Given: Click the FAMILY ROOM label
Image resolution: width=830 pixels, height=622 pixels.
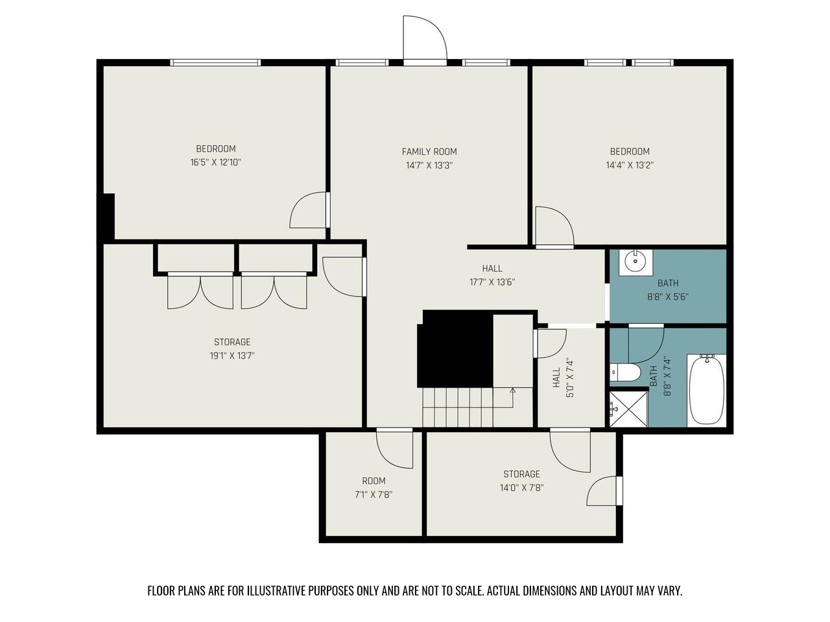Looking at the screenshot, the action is [429, 152].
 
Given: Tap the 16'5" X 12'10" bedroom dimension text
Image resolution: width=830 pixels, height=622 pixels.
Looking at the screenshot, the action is [215, 163].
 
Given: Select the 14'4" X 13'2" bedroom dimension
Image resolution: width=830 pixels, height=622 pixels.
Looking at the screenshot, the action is [630, 165].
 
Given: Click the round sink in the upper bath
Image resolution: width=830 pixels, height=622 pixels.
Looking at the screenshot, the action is [635, 261].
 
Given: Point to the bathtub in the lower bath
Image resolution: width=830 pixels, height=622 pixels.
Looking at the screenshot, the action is [706, 390].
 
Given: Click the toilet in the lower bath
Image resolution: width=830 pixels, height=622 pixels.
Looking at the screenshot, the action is [624, 373].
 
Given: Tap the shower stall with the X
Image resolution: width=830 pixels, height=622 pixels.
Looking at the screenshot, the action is [628, 409].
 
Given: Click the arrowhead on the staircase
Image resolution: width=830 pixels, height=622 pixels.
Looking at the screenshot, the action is [513, 391].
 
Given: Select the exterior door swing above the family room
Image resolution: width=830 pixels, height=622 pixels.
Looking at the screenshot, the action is [425, 38].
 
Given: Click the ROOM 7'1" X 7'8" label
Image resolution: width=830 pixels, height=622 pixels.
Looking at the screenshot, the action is [373, 487].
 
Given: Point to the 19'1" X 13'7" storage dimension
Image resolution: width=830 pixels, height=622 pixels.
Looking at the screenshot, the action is [232, 356].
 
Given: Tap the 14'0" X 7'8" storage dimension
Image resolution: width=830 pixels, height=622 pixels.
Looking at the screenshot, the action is [521, 487].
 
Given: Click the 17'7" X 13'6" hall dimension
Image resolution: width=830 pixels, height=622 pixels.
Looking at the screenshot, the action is [492, 282].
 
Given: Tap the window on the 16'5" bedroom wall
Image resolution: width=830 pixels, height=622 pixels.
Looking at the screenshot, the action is [215, 62].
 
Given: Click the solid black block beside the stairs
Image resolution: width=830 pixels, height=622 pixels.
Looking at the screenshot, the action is [455, 349].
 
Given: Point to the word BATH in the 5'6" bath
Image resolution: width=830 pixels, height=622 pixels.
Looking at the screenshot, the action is [668, 283].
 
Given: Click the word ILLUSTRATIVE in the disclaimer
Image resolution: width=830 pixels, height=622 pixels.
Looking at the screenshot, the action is [276, 591].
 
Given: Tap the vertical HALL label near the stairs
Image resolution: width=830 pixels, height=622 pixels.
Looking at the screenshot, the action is [556, 378].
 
